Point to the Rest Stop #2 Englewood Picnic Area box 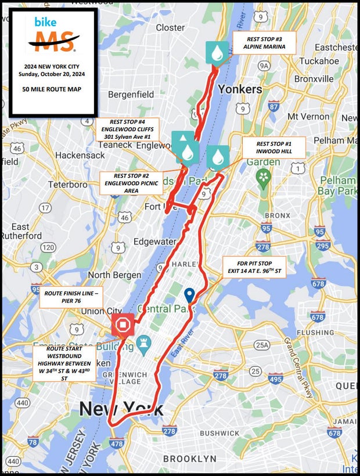tap(131, 183)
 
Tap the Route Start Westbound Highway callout tap(64, 364)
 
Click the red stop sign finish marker tap(124, 325)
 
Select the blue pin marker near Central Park tap(189, 295)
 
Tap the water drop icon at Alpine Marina tap(217, 53)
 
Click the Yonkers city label tap(240, 89)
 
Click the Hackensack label tap(80, 155)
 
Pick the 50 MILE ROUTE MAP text tap(52, 89)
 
